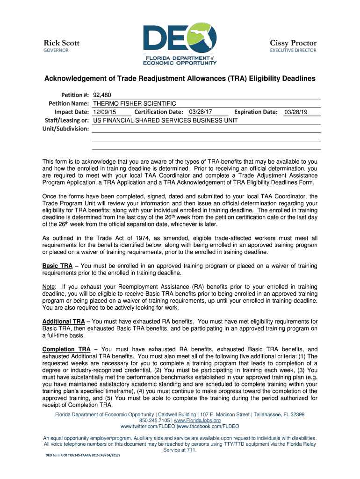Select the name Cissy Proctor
(x=293, y=43)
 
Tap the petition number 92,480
(x=101, y=94)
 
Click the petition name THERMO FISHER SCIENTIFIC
(x=134, y=103)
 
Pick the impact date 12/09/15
(x=105, y=112)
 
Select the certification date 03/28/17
(x=201, y=112)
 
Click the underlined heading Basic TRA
(x=58, y=266)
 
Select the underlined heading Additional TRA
(x=64, y=321)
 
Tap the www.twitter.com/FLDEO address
(x=147, y=427)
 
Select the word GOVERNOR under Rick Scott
(x=56, y=51)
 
